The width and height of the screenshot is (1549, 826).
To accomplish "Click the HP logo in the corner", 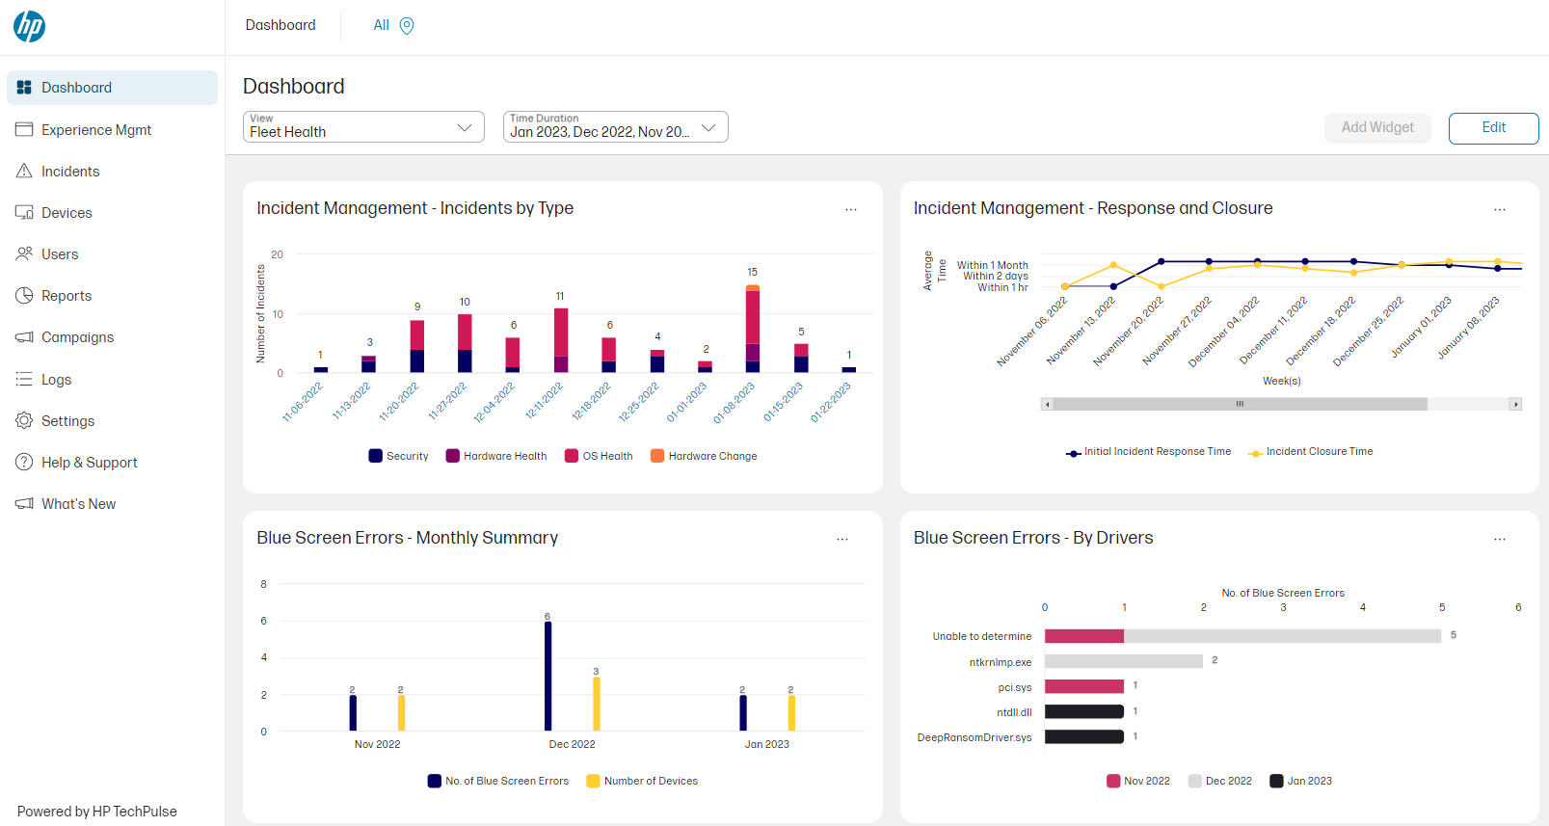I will point(29,26).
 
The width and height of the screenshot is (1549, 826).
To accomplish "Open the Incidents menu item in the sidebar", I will point(69,172).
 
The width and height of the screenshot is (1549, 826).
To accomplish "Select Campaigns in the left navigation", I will point(77,337).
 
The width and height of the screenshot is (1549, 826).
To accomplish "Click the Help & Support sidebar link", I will point(89,463).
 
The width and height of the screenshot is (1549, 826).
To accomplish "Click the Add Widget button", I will point(1376,127).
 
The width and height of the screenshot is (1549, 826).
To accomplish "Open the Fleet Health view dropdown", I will point(363,127).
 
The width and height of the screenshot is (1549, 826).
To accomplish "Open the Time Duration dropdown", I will point(615,127).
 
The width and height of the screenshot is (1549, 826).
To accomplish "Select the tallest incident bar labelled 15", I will point(753,328).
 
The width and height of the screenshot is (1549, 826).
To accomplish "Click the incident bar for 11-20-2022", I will point(417,347).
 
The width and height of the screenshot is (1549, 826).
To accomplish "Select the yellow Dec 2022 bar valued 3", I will point(596,703).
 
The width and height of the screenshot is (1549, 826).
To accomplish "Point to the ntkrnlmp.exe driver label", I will point(1000,662).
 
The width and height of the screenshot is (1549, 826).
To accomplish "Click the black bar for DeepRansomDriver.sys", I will point(1083,736).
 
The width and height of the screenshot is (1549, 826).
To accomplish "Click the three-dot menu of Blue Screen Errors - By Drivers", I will point(1499,540).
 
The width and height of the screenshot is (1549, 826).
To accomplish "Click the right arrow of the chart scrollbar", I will point(1515,404).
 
